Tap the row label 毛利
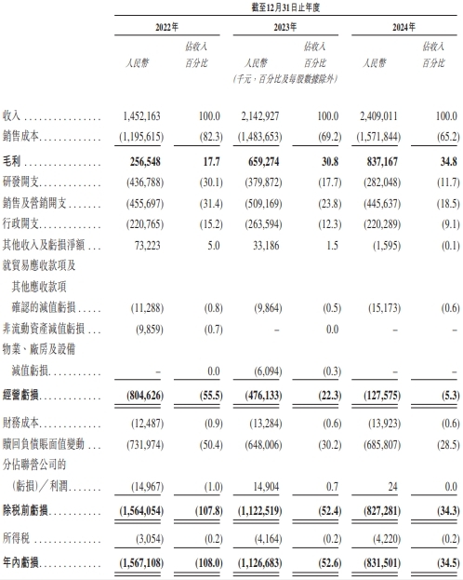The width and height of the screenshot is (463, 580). [x=12, y=162]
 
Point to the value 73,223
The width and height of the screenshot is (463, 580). [x=152, y=247]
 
